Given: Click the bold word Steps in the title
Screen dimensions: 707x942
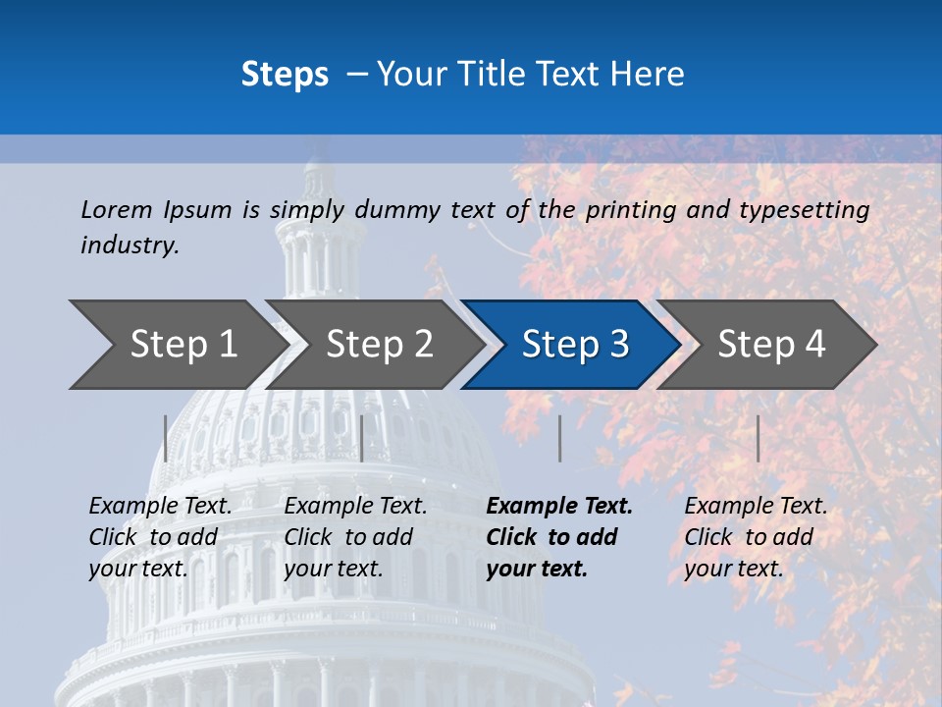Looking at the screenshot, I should point(285,75).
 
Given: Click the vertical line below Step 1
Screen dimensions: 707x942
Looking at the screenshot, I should point(165,438).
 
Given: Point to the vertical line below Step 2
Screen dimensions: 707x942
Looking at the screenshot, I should point(362,438).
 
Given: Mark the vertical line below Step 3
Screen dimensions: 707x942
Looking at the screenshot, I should point(559,438).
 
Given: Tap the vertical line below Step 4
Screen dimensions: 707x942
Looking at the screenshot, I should point(758,438).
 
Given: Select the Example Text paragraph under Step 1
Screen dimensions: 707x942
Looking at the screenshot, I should point(160,537).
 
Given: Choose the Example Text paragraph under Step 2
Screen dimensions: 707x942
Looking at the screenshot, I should point(355,537).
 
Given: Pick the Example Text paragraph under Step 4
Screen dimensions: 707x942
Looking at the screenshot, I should point(756,537).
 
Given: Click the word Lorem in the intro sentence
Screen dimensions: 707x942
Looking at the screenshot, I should point(117,210).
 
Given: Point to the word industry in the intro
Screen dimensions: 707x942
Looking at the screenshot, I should point(130,245).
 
